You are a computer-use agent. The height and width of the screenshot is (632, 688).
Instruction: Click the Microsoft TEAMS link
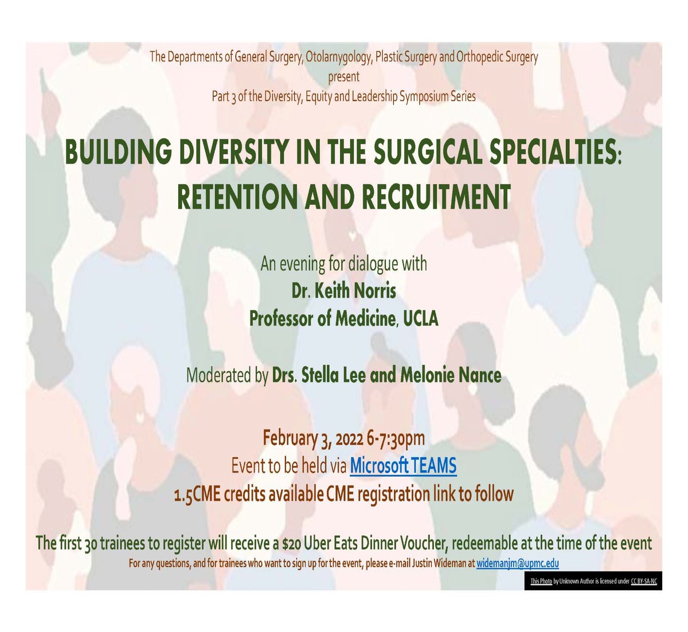click(x=403, y=466)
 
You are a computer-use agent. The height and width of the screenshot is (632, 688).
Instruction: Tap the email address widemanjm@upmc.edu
click(x=518, y=564)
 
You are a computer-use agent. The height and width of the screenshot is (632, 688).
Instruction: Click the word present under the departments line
click(x=344, y=76)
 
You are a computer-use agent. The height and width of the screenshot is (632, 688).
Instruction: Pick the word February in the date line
click(x=289, y=439)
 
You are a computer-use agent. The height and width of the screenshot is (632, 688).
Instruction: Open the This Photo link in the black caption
click(x=541, y=582)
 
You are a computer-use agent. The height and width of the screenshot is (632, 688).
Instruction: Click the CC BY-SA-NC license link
click(x=644, y=582)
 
